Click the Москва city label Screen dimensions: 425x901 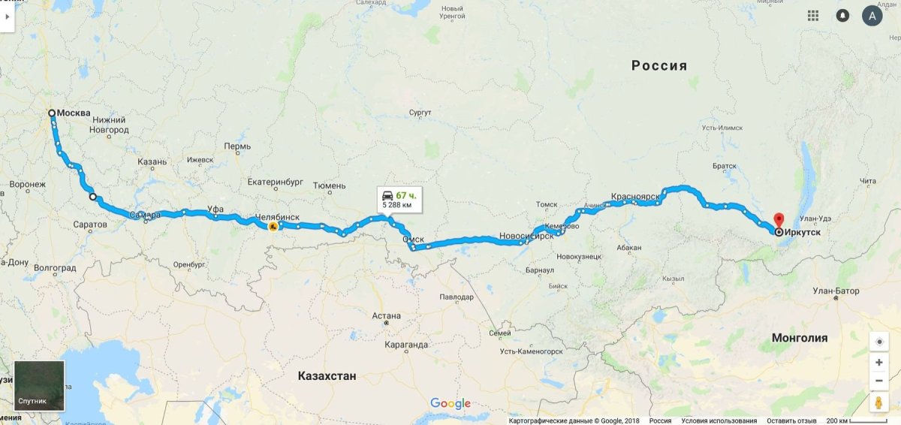tap(74, 113)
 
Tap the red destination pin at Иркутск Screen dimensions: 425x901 tap(779, 220)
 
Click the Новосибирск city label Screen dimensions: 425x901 tap(526, 236)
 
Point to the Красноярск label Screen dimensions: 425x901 tap(635, 196)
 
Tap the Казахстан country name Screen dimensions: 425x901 tap(327, 375)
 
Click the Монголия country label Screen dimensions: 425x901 tap(800, 338)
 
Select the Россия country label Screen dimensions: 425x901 tap(659, 65)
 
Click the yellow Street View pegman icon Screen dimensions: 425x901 tap(878, 402)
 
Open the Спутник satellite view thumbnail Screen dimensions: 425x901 tap(39, 385)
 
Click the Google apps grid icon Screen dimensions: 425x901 tap(813, 15)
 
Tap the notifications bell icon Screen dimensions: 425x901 tap(843, 15)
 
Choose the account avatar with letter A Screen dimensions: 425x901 tap(872, 15)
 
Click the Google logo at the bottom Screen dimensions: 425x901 tap(450, 404)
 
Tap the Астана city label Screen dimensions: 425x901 tap(386, 316)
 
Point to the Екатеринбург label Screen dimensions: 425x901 tap(275, 182)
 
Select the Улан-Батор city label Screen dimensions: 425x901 tap(836, 291)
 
